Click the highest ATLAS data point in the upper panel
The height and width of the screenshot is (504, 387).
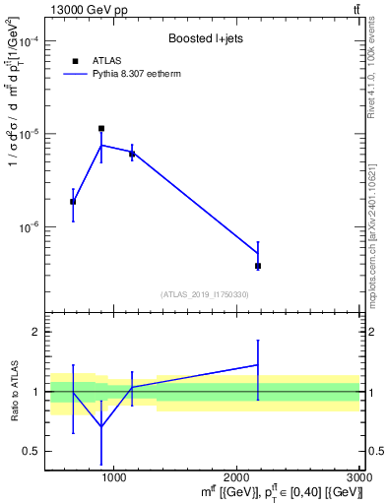(x=101, y=128)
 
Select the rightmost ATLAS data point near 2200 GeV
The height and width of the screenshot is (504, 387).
(x=258, y=266)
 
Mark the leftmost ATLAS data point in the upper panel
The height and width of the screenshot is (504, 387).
(x=73, y=201)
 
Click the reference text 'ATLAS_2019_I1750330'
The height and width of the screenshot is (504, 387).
(x=204, y=294)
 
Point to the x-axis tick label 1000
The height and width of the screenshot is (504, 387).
(x=114, y=475)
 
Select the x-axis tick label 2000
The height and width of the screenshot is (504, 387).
(x=237, y=475)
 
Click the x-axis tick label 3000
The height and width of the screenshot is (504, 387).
(x=358, y=475)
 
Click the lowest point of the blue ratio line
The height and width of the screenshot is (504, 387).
(x=101, y=426)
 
